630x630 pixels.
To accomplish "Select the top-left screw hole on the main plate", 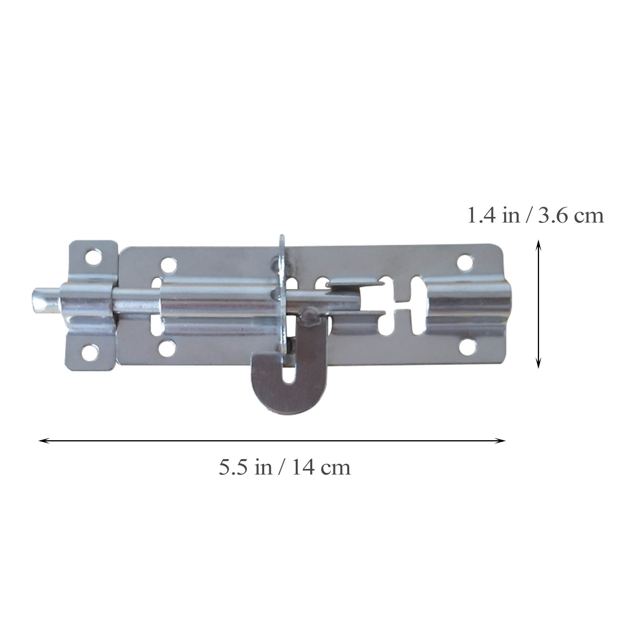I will (169, 265).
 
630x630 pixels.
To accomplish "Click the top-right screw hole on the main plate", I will (465, 263).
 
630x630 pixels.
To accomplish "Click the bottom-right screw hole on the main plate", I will (467, 346).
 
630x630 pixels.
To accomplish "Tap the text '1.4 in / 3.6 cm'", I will (535, 216).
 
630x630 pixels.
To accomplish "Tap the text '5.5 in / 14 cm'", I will (285, 467).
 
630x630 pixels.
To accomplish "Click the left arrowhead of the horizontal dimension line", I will (41, 441).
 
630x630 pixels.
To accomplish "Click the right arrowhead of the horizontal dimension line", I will (503, 441).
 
